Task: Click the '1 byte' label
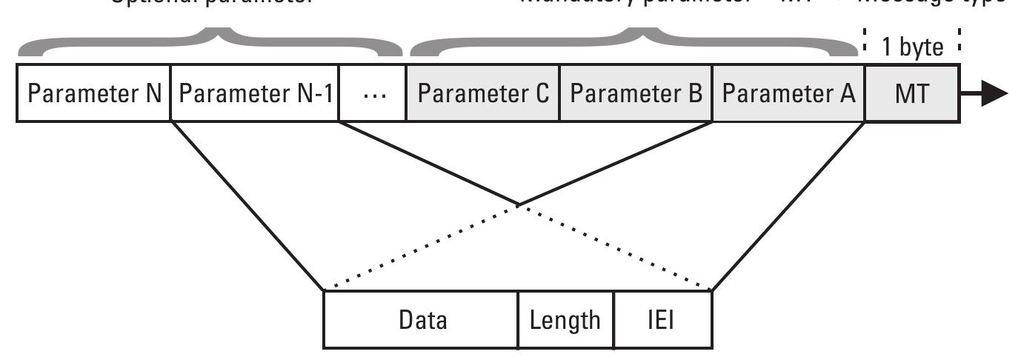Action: pos(912,47)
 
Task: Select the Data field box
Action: pos(422,320)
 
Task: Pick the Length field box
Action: pos(565,320)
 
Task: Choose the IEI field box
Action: pos(662,320)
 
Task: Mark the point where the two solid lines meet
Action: pos(518,204)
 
